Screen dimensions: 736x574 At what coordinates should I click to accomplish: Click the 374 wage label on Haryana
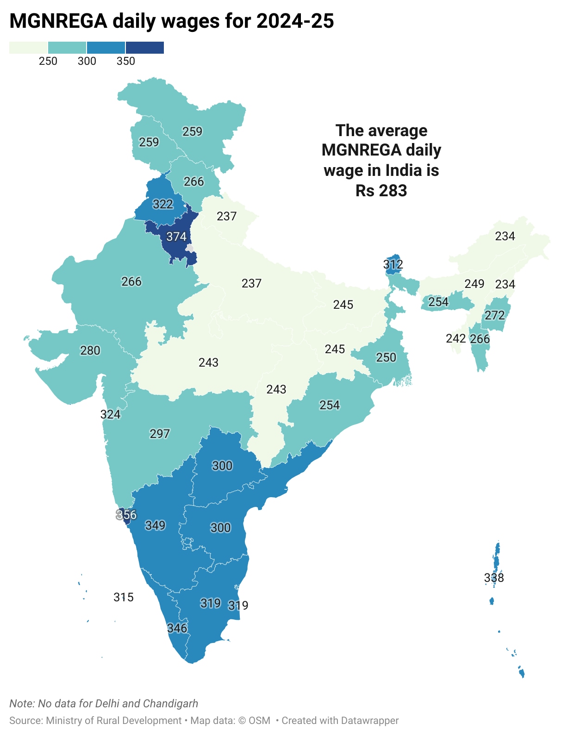click(x=176, y=237)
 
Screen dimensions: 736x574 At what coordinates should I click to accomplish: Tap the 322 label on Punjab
click(x=163, y=204)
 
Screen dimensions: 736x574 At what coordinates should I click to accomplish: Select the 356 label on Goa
click(x=126, y=515)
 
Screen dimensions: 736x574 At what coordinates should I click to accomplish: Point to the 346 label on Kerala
click(x=177, y=628)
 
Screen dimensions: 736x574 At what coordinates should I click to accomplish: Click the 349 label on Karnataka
click(x=155, y=525)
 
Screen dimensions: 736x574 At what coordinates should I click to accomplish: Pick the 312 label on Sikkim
click(x=393, y=264)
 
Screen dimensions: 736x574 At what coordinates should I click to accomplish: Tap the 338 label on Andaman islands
click(x=494, y=578)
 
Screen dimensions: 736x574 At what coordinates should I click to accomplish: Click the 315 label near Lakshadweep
click(x=124, y=597)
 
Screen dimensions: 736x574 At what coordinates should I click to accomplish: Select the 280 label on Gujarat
click(x=90, y=350)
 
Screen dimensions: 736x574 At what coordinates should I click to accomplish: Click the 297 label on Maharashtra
click(x=160, y=434)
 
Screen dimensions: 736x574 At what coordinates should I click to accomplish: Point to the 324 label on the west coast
click(x=110, y=414)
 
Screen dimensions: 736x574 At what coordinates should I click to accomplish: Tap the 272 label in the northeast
click(x=494, y=315)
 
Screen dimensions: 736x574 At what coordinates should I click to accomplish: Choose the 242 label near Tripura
click(x=455, y=338)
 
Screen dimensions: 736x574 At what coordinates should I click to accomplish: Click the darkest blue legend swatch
click(x=145, y=48)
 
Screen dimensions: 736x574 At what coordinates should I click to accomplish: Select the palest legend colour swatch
click(x=28, y=48)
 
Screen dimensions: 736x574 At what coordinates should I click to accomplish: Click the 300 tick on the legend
click(x=87, y=61)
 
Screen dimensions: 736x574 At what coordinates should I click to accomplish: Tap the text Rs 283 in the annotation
click(x=381, y=190)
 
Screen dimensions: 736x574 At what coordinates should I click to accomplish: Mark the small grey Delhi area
click(x=190, y=248)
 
